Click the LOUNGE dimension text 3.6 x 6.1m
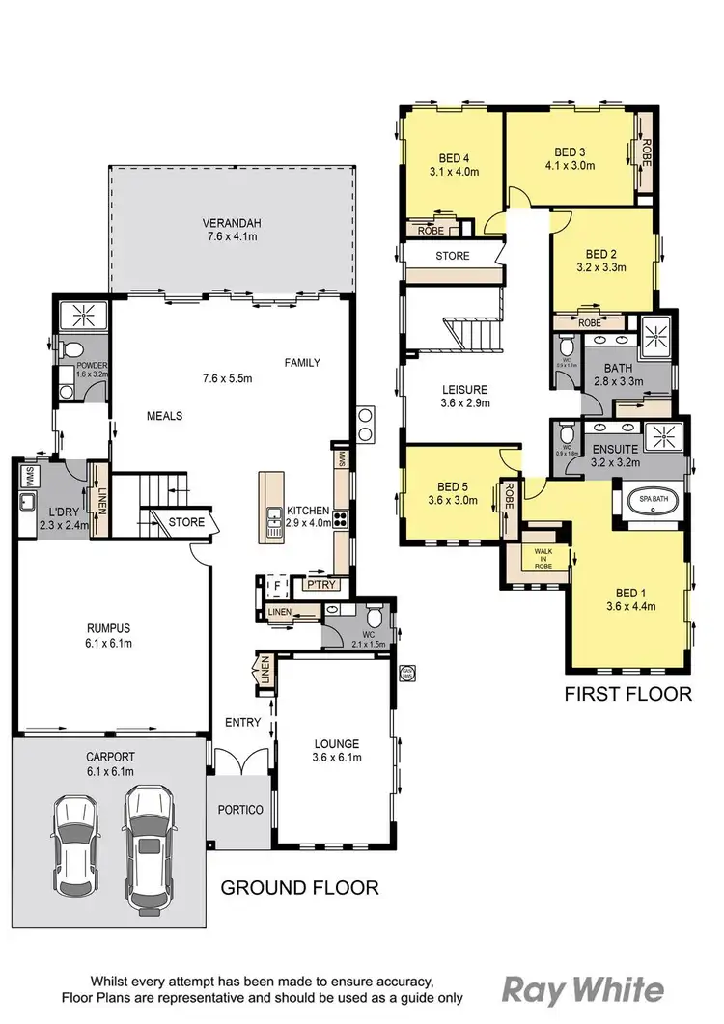click(336, 758)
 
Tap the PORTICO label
click(239, 810)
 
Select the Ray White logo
click(582, 989)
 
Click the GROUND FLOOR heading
click(299, 887)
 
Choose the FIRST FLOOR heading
click(628, 693)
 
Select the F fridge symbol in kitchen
click(275, 585)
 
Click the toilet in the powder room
click(66, 349)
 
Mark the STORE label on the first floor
click(452, 256)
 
